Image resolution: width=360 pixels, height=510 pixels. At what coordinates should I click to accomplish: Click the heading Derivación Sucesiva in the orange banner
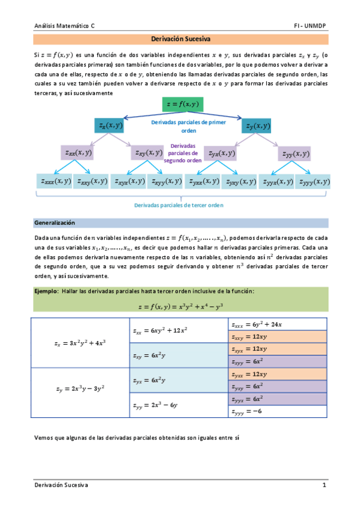coord(180,40)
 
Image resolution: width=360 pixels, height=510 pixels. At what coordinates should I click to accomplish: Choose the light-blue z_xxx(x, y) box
coord(55,181)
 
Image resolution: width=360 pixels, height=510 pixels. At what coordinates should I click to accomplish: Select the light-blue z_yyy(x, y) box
coord(313,181)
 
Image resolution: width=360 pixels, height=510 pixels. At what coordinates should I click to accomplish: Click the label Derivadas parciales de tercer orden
coord(179,204)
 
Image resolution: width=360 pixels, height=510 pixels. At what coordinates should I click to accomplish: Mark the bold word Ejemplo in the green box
coord(45,291)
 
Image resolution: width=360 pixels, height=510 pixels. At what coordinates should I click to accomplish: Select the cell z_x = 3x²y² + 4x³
coord(80,343)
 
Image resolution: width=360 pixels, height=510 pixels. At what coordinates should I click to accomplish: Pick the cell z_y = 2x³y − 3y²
coord(80,389)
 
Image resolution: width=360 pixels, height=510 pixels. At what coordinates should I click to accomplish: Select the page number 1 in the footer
coord(323,485)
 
